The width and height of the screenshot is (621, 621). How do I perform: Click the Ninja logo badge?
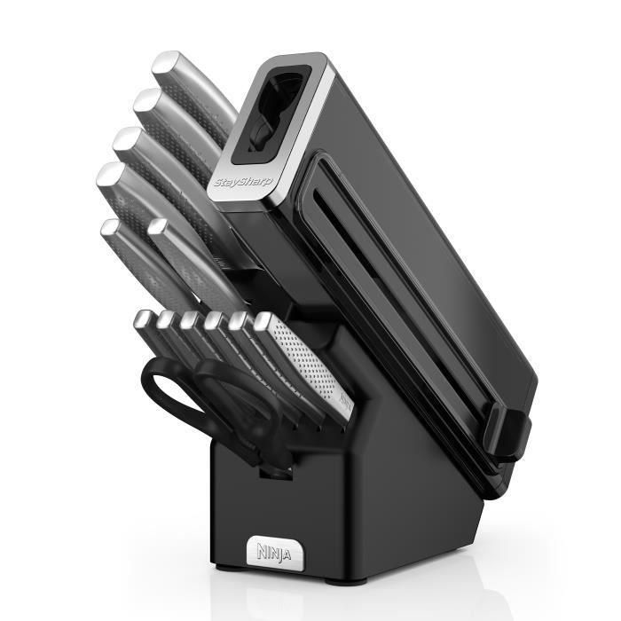click(x=275, y=553)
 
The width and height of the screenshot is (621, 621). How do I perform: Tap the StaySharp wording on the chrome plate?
click(x=244, y=182)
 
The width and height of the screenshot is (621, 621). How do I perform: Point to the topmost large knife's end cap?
click(x=167, y=63)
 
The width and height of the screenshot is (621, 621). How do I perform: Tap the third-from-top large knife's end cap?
click(x=127, y=138)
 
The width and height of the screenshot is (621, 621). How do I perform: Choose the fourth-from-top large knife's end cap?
click(x=110, y=174)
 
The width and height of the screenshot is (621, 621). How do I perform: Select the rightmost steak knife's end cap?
click(x=263, y=321)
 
